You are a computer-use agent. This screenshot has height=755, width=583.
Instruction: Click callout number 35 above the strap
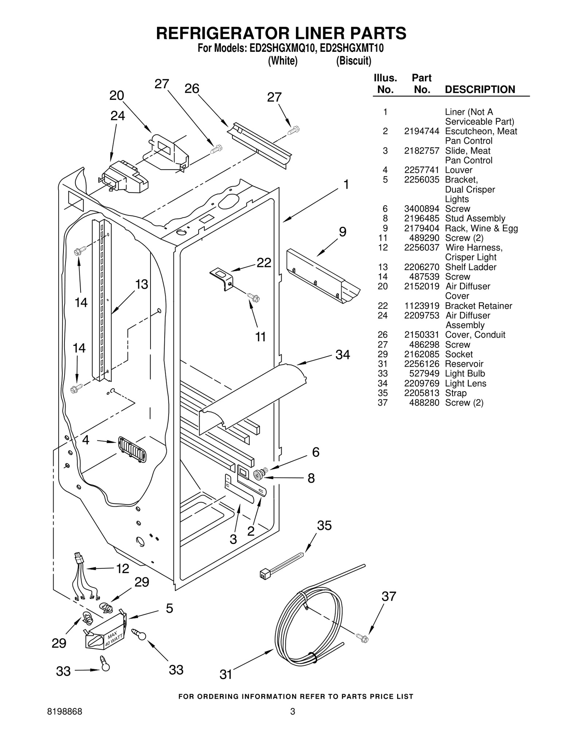coord(324,525)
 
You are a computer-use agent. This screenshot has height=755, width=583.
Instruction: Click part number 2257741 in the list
coord(422,170)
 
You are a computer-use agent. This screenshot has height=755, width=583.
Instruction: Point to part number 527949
coord(424,374)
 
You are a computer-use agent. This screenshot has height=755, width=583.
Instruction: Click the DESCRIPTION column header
coord(480,90)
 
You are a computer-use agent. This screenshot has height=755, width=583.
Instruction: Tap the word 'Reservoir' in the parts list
coord(464,364)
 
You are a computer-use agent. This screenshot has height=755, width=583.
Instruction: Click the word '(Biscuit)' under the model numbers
coord(353,61)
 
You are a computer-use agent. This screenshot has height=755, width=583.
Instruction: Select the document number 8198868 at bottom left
coord(65,712)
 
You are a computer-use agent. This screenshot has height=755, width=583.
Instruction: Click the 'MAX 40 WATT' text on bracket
coord(113,639)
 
